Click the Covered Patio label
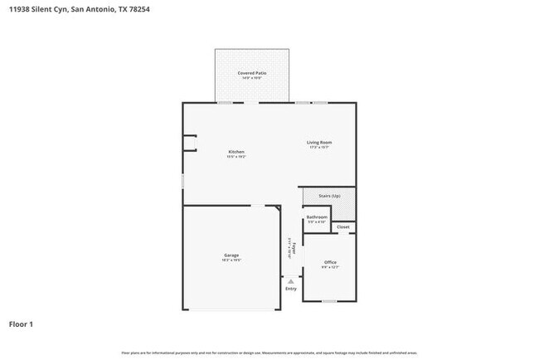click(x=252, y=73)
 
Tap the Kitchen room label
click(x=236, y=152)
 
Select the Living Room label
click(x=319, y=143)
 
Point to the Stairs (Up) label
click(x=329, y=196)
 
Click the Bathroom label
click(x=317, y=217)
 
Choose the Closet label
click(x=342, y=226)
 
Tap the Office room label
click(x=329, y=262)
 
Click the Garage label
click(x=231, y=255)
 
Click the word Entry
click(x=290, y=289)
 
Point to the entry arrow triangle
click(x=290, y=281)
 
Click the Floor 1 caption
click(x=22, y=324)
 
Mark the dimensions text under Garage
click(x=231, y=260)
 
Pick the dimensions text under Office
click(x=329, y=268)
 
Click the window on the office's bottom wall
click(x=329, y=300)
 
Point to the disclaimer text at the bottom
click(x=269, y=353)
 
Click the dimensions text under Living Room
click(x=319, y=148)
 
